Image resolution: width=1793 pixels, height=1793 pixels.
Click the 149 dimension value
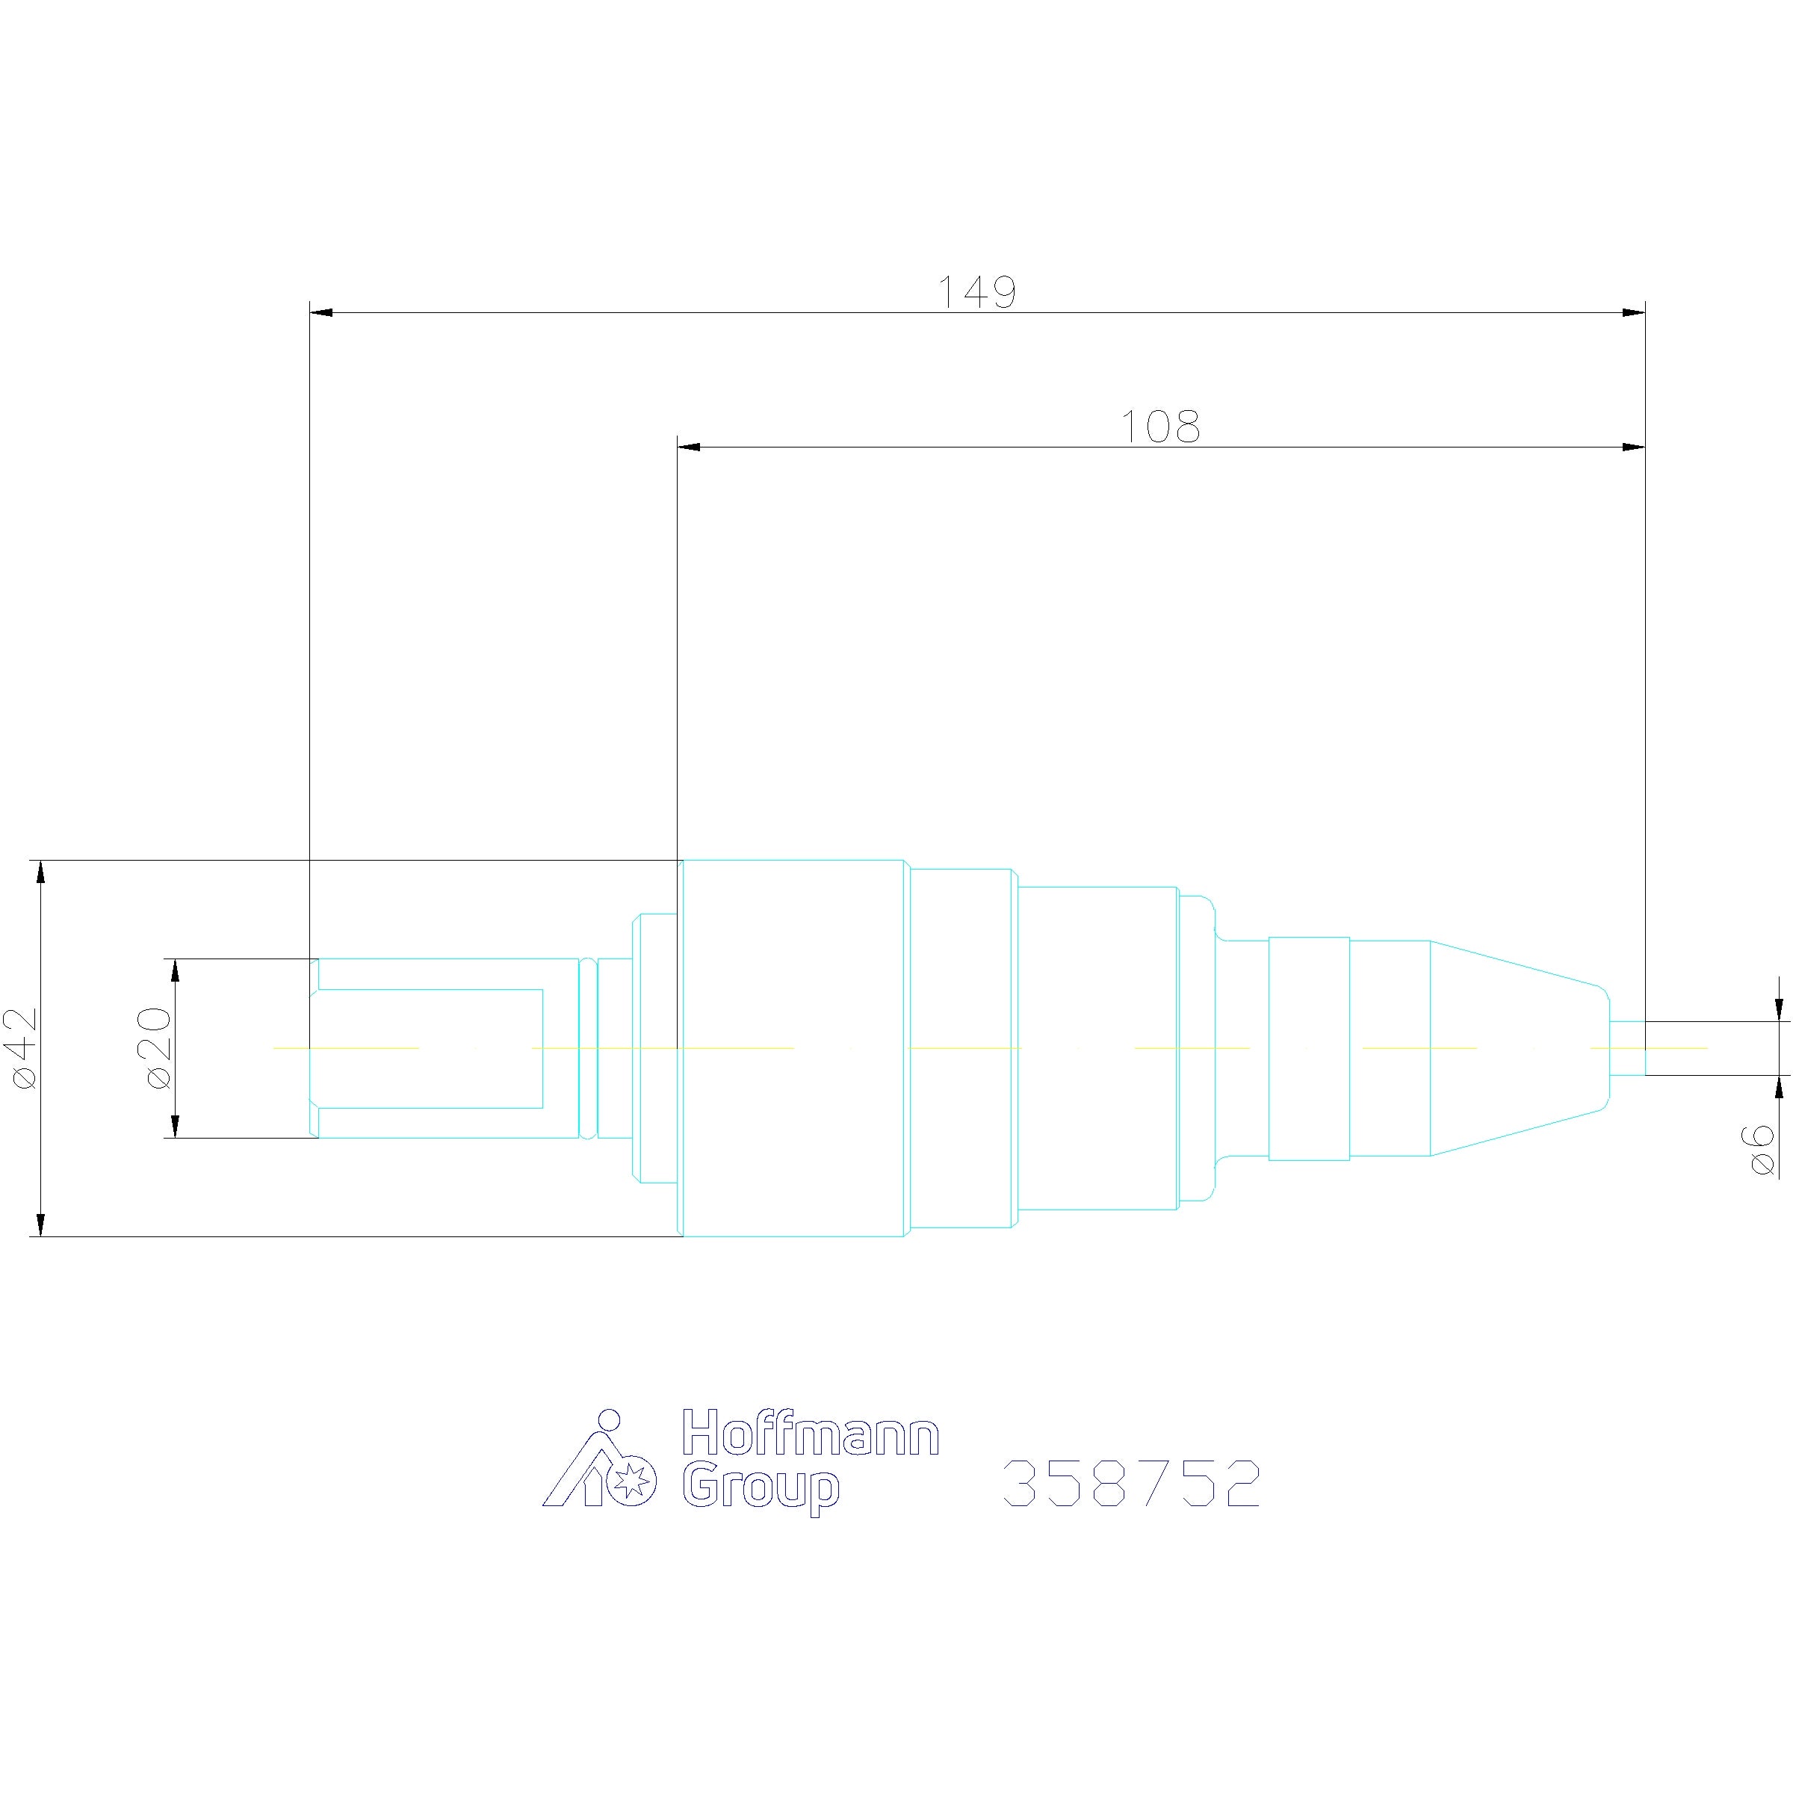pyautogui.click(x=977, y=291)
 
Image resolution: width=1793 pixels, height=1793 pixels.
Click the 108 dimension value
pyautogui.click(x=1160, y=427)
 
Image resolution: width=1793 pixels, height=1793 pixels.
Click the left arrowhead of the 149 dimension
pyautogui.click(x=320, y=313)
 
